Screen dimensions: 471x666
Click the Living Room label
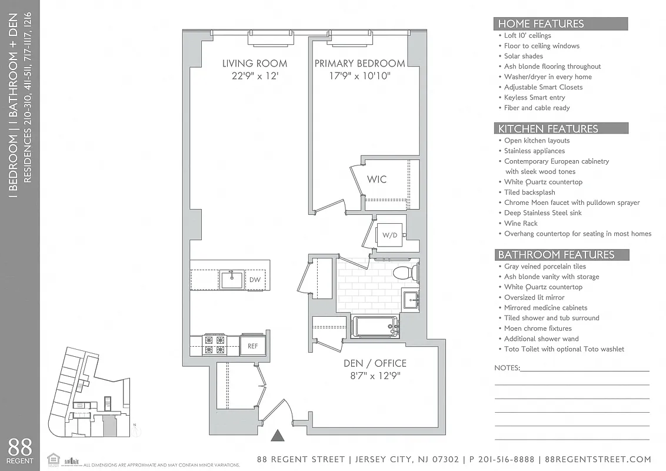click(254, 64)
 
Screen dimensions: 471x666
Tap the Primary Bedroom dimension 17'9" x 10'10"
click(359, 76)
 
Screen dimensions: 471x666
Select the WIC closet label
click(377, 179)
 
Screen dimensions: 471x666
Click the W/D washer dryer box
click(390, 235)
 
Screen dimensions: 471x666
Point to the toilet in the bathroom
click(406, 272)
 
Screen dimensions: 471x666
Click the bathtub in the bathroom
click(375, 326)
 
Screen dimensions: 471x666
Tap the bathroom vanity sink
click(410, 297)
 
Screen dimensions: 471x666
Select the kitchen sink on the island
click(232, 279)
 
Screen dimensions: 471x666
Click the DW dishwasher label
click(255, 280)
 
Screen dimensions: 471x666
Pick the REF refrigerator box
click(252, 346)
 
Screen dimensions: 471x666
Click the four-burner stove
click(214, 345)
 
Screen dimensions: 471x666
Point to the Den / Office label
click(375, 363)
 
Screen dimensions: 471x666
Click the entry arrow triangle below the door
click(278, 436)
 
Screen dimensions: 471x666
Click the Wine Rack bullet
click(521, 223)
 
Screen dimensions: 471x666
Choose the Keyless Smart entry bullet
click(534, 97)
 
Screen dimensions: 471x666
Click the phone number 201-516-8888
click(504, 459)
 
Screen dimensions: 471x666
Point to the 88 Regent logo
click(19, 450)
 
